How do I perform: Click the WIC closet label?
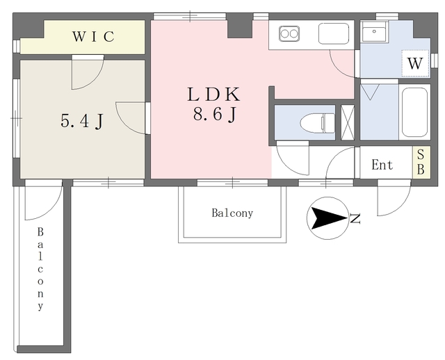tap(93, 37)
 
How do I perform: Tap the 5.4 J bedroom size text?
tap(82, 122)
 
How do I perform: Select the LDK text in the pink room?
tap(214, 95)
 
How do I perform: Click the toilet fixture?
tap(318, 123)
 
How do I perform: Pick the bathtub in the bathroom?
tap(414, 112)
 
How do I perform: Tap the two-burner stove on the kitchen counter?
tap(289, 33)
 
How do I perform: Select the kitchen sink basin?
tap(334, 33)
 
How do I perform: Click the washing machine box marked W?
tap(415, 63)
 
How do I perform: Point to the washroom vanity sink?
tap(374, 31)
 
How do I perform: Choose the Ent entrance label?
tap(382, 165)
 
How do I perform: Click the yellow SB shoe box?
tap(421, 162)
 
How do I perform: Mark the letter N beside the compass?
tap(355, 219)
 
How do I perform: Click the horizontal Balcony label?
tap(232, 213)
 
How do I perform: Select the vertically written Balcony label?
tap(40, 269)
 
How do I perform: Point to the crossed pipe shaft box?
tap(348, 122)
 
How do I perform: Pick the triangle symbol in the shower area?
tap(370, 92)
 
